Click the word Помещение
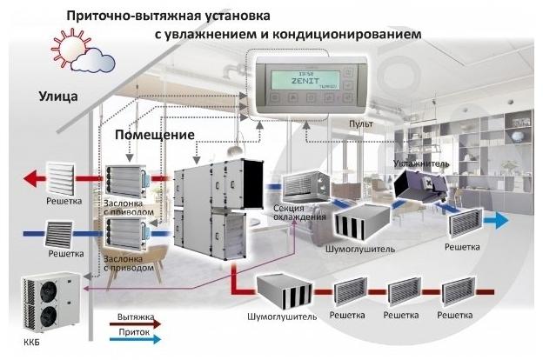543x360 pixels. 155,137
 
